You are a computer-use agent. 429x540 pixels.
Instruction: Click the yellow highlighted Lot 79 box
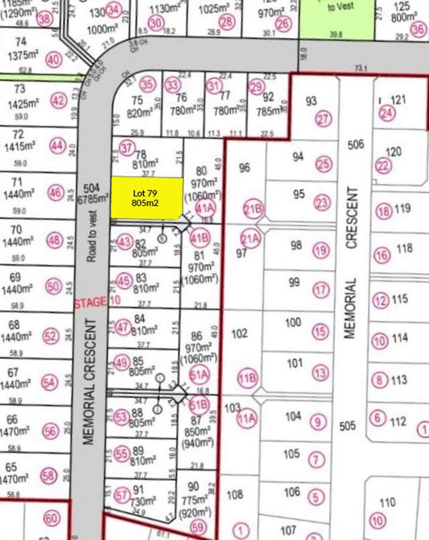pyautogui.click(x=146, y=198)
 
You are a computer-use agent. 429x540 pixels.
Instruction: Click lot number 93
pyautogui.click(x=311, y=101)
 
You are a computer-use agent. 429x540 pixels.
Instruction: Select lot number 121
pyautogui.click(x=399, y=100)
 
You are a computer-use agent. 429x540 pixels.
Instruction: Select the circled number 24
pyautogui.click(x=387, y=114)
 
